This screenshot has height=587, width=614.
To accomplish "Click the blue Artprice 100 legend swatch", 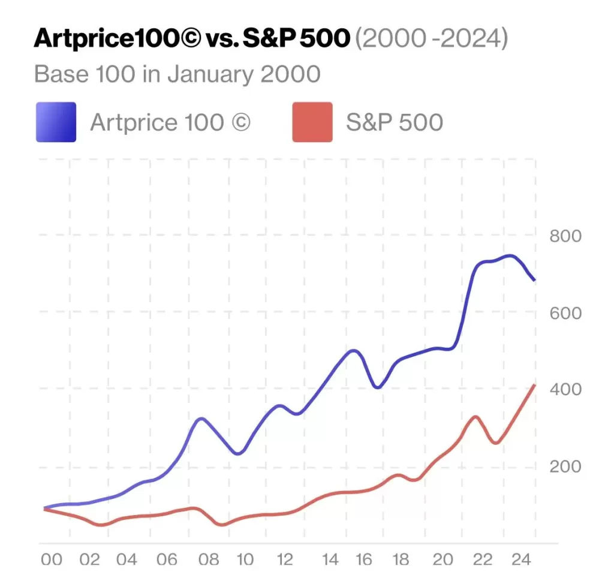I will point(56,122).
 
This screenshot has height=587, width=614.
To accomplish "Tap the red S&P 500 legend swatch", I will point(312,122).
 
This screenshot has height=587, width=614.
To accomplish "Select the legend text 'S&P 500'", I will point(394,122).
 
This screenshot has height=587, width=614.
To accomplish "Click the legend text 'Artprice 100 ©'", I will point(170,122).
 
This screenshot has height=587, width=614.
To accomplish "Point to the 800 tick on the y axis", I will point(565,236).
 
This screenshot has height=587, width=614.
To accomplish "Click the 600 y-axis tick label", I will point(565,313).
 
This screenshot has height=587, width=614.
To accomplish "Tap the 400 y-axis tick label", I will point(565,390).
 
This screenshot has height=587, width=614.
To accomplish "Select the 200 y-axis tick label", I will point(565,466).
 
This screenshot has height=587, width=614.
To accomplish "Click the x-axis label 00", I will point(52,559).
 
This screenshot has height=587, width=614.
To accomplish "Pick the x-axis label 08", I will point(208,559).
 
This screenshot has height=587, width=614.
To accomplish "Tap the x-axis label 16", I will point(363,559).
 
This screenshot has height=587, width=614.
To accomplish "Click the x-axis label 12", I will point(285,559).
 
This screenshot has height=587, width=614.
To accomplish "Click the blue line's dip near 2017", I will point(377,387).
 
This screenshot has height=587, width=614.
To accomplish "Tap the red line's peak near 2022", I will point(475,416).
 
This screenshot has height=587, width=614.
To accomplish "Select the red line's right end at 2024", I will point(535,385).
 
